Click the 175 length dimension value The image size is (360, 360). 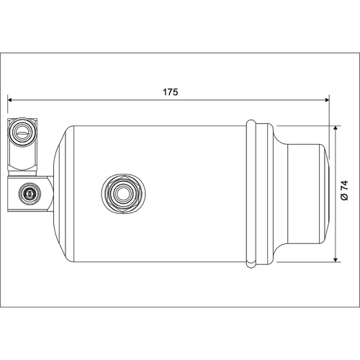[x=171, y=92]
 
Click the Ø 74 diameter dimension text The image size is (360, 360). [x=344, y=191]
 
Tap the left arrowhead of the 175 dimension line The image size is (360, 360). [x=10, y=99]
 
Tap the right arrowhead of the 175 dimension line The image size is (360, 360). [x=327, y=99]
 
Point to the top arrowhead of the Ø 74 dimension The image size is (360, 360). [x=336, y=127]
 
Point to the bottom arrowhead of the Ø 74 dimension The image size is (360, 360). [x=336, y=260]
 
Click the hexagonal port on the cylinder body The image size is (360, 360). [x=123, y=194]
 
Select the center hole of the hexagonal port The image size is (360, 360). [x=123, y=194]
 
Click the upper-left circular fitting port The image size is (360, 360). [x=22, y=132]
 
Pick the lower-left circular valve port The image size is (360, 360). [x=30, y=194]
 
